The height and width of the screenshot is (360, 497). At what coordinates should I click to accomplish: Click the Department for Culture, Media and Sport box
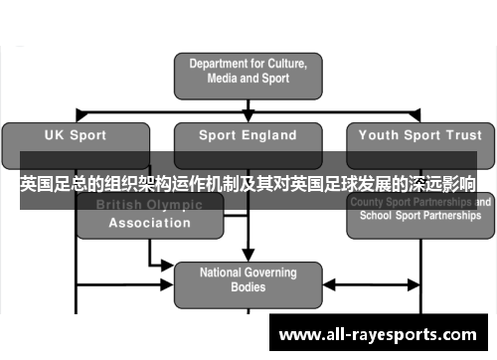pos(248,71)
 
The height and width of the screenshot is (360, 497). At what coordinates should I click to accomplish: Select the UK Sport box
pos(77,135)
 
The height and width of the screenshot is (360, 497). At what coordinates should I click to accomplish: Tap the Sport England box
pos(248,135)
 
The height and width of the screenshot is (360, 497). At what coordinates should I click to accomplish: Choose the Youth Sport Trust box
pos(419,135)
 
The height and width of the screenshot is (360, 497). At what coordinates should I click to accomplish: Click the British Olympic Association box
pos(149,214)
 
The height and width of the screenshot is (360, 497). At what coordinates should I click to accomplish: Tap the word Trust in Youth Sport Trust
pos(461,135)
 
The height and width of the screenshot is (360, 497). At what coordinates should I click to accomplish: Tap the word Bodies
pos(248,287)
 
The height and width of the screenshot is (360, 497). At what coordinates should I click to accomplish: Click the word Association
pos(149,223)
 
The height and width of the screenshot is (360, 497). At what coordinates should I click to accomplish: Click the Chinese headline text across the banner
pos(248,184)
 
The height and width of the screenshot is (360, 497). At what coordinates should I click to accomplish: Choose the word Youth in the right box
pos(379,135)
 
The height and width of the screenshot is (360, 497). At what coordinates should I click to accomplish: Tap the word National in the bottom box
pos(222,271)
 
